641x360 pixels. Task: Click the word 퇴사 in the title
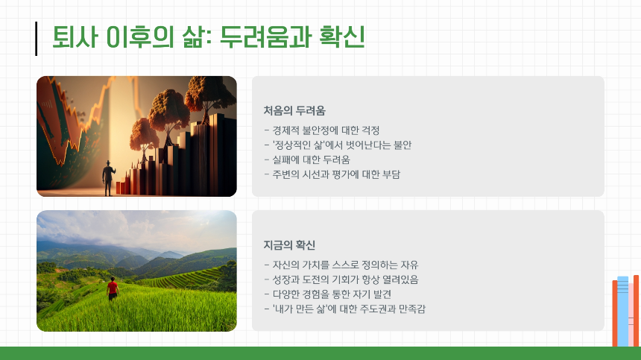[75, 37]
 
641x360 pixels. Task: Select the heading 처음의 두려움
[294, 111]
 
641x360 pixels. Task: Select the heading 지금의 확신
[290, 245]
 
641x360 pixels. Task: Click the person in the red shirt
[113, 288]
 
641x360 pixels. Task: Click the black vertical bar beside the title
[36, 39]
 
